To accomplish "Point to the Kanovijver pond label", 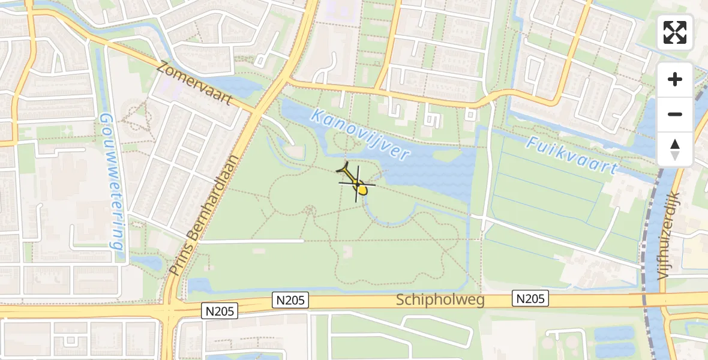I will tap(361, 134).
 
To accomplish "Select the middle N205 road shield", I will tap(291, 300).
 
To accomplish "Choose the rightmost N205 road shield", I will tap(530, 298).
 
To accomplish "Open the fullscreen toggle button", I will tap(675, 32).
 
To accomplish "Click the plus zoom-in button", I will tap(675, 79).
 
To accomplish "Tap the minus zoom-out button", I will tap(675, 114).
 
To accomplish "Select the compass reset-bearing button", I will tap(675, 149).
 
